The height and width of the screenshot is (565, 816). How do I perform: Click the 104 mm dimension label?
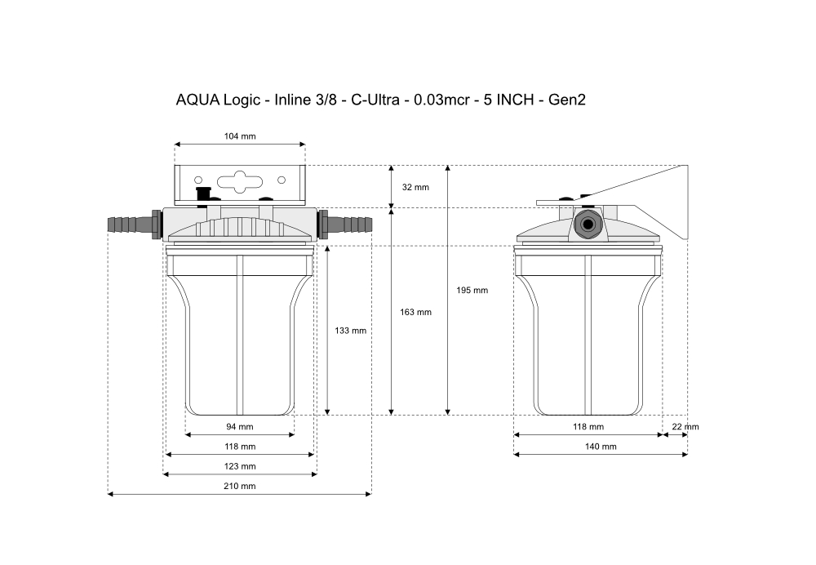click(x=240, y=136)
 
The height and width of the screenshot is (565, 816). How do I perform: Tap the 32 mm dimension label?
click(x=415, y=188)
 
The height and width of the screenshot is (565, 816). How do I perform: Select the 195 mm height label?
click(x=472, y=291)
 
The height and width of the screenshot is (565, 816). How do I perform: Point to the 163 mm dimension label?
click(x=415, y=313)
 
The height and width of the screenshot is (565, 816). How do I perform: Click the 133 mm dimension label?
click(x=350, y=331)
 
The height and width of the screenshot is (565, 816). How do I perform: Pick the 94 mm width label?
click(x=239, y=427)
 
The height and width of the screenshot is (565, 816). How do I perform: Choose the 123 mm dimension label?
click(x=240, y=466)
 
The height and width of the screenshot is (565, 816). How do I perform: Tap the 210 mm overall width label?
click(x=239, y=487)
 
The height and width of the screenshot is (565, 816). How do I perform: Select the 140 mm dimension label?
click(x=601, y=447)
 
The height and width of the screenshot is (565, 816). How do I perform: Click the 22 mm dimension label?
click(x=685, y=427)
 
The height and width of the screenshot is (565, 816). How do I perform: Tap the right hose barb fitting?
click(x=345, y=225)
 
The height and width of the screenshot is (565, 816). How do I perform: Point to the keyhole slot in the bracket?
click(x=240, y=182)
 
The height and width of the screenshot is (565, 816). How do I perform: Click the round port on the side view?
click(x=588, y=225)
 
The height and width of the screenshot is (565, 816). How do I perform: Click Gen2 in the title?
click(x=567, y=100)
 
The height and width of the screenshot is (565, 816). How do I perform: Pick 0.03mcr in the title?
click(x=441, y=100)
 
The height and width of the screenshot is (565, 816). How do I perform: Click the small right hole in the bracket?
click(x=282, y=180)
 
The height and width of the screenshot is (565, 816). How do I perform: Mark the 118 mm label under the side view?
click(x=588, y=427)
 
